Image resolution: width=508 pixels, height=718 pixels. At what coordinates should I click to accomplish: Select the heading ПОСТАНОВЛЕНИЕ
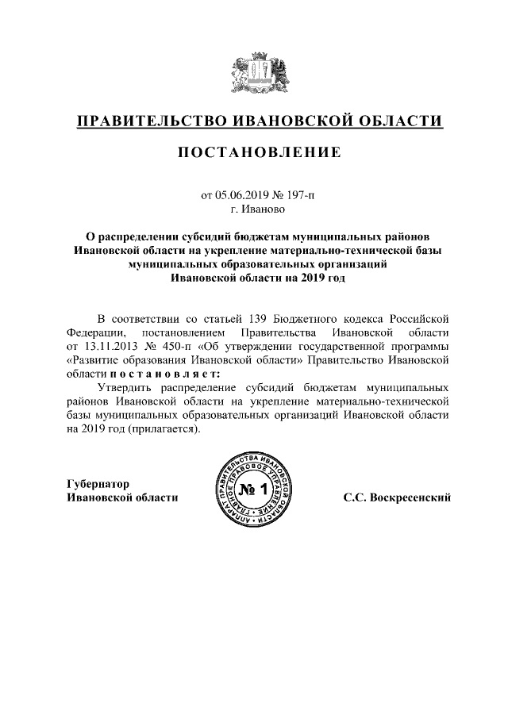[254, 152]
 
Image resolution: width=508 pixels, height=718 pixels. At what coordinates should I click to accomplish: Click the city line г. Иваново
[254, 210]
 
